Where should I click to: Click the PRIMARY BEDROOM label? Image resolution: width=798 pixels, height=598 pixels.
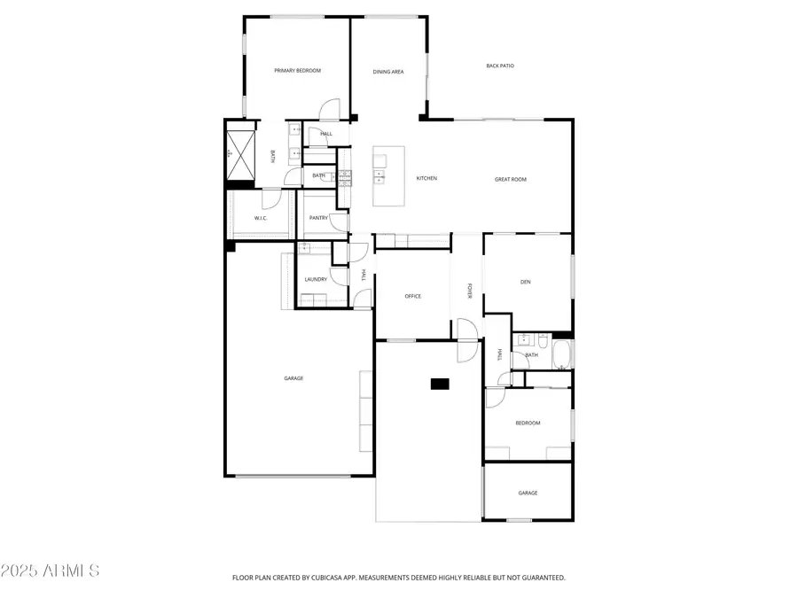(297, 71)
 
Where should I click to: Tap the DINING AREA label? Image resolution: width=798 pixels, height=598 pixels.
(387, 72)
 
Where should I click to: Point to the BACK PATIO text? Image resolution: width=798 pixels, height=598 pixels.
(500, 66)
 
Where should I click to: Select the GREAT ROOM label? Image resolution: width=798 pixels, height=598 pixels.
(511, 180)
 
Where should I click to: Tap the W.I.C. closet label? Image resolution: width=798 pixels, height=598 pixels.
(261, 218)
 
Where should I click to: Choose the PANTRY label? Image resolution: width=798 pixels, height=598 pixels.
(318, 218)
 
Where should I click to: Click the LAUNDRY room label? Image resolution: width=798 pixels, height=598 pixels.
(316, 279)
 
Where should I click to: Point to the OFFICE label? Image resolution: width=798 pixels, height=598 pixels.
(412, 296)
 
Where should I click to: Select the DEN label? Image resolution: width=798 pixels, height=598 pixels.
(525, 283)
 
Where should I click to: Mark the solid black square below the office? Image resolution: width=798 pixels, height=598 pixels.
(440, 384)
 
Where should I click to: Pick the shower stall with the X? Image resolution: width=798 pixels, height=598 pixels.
(240, 152)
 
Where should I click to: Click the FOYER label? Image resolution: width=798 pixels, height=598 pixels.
(470, 291)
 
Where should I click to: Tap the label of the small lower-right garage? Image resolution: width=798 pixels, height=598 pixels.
(528, 493)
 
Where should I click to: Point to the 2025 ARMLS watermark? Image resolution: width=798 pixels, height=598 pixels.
(51, 570)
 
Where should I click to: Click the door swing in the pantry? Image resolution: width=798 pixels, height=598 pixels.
(339, 223)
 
